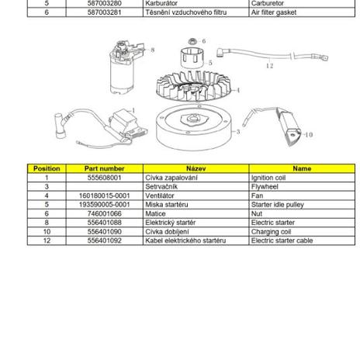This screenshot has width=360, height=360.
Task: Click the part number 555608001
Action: (105, 178)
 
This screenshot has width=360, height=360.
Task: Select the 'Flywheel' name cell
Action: (302, 187)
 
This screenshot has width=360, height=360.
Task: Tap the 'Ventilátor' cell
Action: (196, 196)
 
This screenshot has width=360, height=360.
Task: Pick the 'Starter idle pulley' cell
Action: (302, 205)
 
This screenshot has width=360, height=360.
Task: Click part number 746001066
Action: (105, 213)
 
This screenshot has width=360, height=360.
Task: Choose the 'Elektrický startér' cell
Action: (196, 223)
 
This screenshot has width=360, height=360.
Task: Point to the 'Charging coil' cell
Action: (302, 231)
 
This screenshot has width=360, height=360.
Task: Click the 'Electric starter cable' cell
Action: (302, 241)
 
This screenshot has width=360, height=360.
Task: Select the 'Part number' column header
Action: (105, 168)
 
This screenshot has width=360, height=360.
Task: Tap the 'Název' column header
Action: (196, 168)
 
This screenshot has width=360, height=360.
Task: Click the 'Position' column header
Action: (47, 168)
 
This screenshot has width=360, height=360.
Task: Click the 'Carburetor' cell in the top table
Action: (302, 4)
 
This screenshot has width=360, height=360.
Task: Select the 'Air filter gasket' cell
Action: (302, 12)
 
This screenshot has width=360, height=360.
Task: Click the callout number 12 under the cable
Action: (269, 66)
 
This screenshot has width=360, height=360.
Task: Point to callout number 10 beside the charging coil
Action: (309, 134)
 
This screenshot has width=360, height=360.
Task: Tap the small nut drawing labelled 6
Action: (192, 41)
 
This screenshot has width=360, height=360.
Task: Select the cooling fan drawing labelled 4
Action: (193, 86)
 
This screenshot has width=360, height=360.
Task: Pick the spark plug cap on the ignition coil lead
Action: (60, 126)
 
